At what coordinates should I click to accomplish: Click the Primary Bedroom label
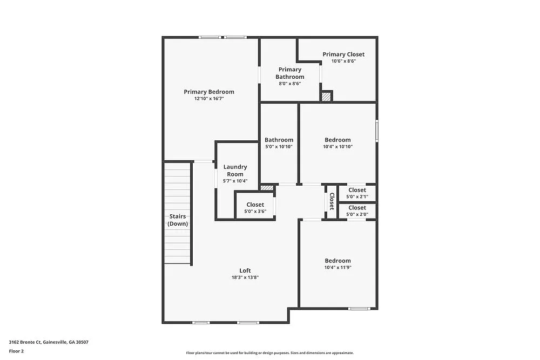pos(209,92)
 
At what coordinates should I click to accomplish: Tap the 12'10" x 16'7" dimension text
pos(209,99)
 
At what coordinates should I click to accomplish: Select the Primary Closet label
pos(343,55)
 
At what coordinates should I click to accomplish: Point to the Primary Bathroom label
pos(290,73)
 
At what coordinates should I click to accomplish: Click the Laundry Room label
pos(235,171)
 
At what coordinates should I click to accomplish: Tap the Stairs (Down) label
pos(177,220)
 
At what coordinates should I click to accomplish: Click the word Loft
pos(245,271)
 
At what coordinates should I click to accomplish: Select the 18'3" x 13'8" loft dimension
pos(245,278)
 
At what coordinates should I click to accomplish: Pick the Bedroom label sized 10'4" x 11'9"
pos(337,261)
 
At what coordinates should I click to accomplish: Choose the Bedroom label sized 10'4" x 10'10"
pos(337,140)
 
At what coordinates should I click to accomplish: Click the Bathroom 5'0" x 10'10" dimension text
pos(279,147)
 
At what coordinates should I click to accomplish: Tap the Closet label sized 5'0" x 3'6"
pos(255,205)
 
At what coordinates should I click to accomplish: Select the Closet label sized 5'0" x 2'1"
pos(357,190)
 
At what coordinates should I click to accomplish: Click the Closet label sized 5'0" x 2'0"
pos(357,208)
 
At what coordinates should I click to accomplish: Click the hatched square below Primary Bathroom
pos(326,97)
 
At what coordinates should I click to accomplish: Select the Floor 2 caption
pos(17,351)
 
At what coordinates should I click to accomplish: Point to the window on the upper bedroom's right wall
pos(376,130)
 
